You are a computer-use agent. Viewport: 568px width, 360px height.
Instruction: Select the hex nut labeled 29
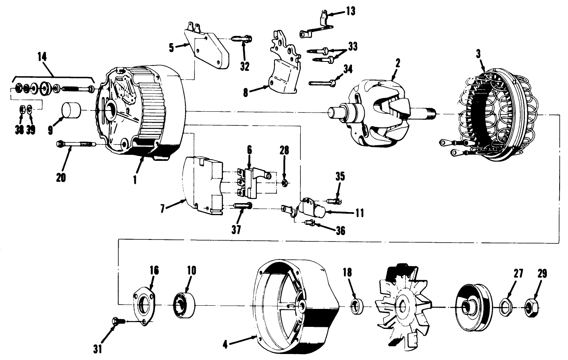click(x=531, y=307)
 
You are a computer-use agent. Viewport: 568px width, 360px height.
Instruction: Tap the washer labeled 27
click(x=507, y=307)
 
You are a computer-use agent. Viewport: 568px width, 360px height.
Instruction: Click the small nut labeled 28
click(x=284, y=183)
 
